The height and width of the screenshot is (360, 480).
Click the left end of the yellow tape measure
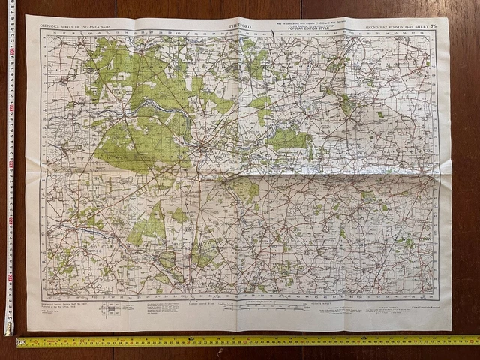pyautogui.click(x=19, y=342)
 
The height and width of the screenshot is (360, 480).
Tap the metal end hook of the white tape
pyautogui.click(x=8, y=330)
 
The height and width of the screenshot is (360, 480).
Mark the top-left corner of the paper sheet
pyautogui.click(x=26, y=16)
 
